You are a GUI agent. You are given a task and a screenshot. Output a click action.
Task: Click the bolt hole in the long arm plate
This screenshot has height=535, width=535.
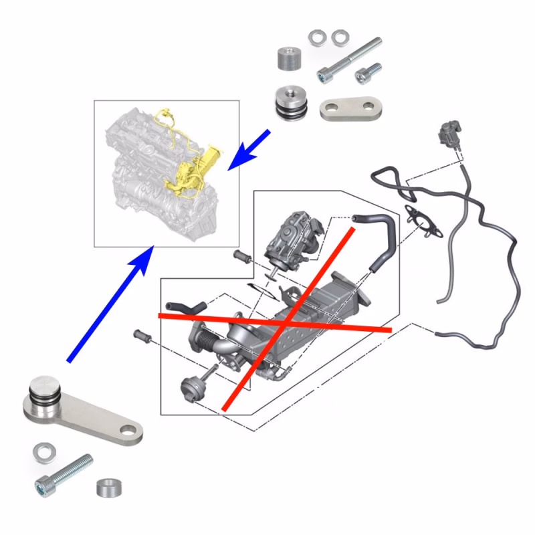pos(128,431)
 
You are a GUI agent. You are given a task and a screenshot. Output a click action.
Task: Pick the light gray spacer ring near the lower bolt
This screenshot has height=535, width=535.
pos(107,487)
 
